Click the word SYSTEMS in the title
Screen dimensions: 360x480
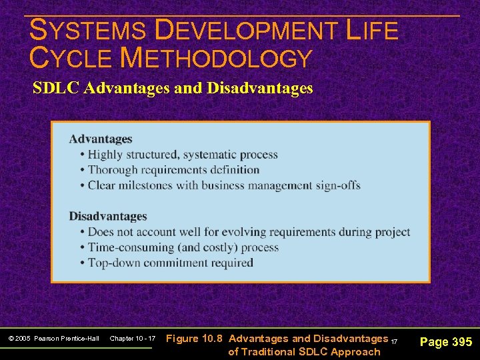click(x=88, y=31)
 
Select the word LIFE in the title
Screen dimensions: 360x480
click(x=373, y=31)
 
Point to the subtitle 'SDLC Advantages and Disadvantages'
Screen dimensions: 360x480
click(x=173, y=88)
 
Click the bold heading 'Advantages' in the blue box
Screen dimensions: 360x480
click(x=101, y=139)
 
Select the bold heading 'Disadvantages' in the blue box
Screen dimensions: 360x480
click(x=108, y=216)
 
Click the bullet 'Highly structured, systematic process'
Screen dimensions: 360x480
click(x=183, y=155)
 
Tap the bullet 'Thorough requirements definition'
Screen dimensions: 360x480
click(x=173, y=170)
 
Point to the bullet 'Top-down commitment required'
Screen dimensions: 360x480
click(x=170, y=263)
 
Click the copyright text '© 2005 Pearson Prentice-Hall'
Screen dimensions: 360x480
click(x=54, y=339)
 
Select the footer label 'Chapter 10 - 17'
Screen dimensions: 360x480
click(x=132, y=339)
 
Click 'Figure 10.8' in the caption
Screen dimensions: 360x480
click(x=194, y=339)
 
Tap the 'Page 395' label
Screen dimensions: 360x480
click(x=446, y=342)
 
